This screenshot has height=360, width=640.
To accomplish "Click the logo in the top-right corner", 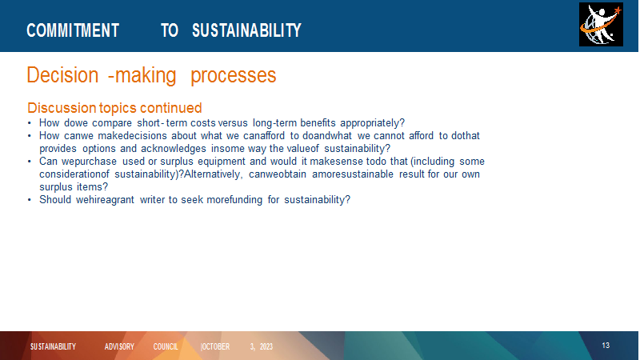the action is pos(601,25).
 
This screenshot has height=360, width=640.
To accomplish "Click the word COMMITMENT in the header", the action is pos(73,30).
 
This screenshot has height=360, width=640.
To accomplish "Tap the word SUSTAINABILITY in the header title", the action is pos(246,30).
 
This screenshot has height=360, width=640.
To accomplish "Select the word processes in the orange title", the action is pos(234,75).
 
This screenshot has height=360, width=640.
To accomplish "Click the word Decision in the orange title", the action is pos(62,75).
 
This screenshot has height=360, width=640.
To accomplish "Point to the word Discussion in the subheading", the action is pos(62,108).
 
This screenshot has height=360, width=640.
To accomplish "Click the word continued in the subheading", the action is pos(170,108).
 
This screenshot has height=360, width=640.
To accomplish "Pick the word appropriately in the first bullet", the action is pos(372,123).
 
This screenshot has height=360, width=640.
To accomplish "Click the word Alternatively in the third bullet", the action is pos(214,174).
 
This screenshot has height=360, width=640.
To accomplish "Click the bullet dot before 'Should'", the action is pos(30,200).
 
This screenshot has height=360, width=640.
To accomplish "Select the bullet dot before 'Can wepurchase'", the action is pos(30,162).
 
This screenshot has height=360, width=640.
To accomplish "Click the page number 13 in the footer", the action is pos(606,346).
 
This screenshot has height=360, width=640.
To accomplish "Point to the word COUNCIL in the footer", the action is pos(166,346).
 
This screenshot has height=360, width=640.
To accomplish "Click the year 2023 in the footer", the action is pos(266,346).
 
